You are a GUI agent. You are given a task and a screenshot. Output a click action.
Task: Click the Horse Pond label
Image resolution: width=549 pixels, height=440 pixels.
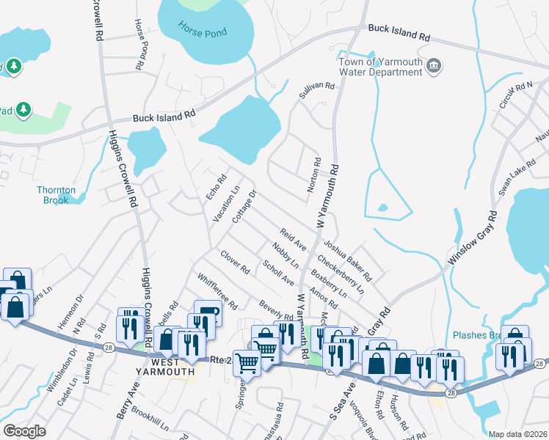[203, 32]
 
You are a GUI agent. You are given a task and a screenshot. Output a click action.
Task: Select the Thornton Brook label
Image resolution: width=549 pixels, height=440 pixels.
[56, 195]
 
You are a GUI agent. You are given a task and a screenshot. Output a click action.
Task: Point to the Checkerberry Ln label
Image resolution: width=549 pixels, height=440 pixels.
[341, 274]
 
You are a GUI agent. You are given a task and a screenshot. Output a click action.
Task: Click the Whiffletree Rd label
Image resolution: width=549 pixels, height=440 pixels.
[217, 290]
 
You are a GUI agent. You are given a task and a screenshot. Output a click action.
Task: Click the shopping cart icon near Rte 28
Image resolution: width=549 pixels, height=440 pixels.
[247, 362]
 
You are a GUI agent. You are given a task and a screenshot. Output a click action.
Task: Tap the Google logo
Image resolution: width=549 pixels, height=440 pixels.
[24, 431]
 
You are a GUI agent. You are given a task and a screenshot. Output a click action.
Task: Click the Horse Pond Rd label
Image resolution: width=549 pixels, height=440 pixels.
[139, 45]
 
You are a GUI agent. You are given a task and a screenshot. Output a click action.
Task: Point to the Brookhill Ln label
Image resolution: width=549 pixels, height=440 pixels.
[151, 419]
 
